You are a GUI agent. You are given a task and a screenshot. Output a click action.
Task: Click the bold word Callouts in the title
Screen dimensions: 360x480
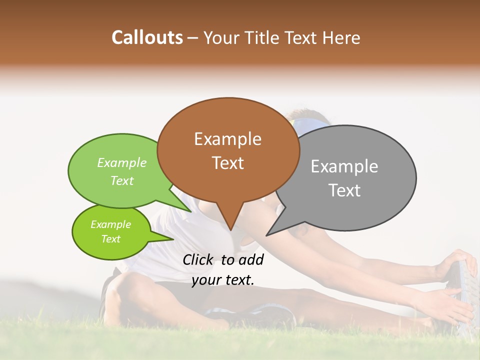[x=147, y=37]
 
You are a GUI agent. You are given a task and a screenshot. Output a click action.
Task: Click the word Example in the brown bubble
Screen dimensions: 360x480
[x=227, y=139]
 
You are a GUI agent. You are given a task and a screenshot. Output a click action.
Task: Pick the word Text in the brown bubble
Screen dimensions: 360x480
[x=228, y=163]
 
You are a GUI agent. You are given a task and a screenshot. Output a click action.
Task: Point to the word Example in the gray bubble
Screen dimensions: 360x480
[x=344, y=166]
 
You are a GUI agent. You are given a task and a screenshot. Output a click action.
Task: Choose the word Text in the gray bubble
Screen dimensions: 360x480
[x=345, y=190]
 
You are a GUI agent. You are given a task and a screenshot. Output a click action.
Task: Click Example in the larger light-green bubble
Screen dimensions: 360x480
[x=122, y=163]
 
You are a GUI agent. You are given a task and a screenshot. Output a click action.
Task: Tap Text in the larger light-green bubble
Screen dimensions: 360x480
[x=122, y=180]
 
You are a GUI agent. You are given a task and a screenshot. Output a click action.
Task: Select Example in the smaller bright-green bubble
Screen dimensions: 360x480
[x=110, y=224]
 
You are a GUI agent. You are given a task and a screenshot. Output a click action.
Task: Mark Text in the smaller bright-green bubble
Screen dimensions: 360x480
[x=110, y=239]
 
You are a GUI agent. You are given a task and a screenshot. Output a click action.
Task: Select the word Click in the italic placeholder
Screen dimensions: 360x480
[x=198, y=259]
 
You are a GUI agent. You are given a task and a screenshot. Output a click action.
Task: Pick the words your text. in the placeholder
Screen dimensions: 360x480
[x=222, y=280]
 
